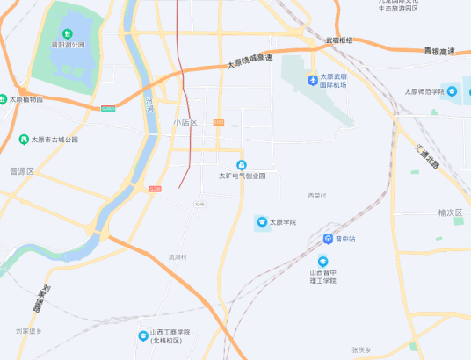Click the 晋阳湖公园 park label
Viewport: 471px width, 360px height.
68,44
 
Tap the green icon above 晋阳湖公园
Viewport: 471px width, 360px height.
67,33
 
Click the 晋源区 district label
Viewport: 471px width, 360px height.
20,171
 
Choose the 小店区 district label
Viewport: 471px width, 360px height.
185,123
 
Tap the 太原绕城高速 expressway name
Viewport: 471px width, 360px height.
250,61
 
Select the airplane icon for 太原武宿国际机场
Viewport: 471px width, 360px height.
313,81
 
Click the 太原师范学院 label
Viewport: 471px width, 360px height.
424,91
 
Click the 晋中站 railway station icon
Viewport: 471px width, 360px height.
328,239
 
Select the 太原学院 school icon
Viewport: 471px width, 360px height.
261,222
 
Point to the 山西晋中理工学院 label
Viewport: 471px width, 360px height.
322,277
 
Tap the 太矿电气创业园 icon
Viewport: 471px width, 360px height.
242,165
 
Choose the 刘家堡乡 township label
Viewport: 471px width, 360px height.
28,331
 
